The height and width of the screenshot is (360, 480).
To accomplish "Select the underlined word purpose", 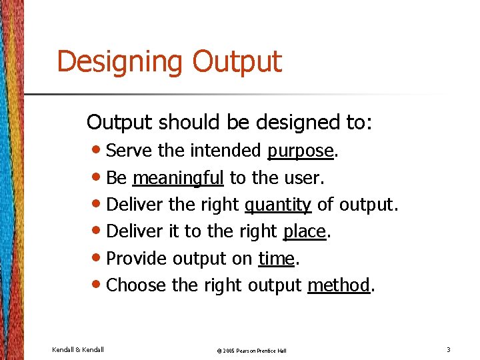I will click(300, 151).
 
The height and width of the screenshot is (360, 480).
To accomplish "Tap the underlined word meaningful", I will click(178, 178).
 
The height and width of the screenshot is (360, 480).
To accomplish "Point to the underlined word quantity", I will click(278, 205).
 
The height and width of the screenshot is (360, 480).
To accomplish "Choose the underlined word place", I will click(305, 231).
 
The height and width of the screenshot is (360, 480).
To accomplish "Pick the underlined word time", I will click(276, 258).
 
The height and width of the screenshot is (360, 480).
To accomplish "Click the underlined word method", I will click(338, 285).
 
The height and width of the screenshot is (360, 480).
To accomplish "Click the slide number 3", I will click(449, 349).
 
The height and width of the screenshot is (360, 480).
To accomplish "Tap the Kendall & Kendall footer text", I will click(78, 349).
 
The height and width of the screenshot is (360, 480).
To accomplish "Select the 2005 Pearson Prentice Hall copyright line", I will click(243, 350).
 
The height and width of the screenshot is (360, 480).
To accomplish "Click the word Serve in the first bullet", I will click(129, 151).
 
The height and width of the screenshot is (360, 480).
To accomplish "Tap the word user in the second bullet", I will click(305, 178).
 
